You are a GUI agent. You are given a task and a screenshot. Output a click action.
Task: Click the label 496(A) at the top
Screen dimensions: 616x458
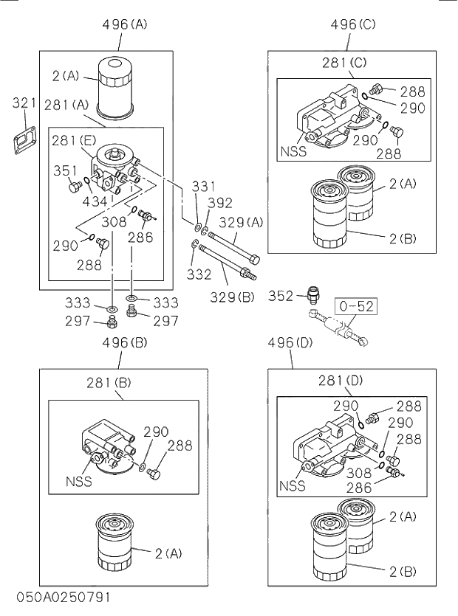coord(125,24)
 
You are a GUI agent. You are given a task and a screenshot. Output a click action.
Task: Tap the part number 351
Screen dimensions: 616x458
coord(66,171)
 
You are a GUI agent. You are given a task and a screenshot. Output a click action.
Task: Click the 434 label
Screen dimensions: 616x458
coord(94,200)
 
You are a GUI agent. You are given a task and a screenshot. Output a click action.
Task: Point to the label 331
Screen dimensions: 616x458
coord(203,186)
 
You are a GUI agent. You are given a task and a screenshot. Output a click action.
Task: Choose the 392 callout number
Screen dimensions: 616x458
coord(220,203)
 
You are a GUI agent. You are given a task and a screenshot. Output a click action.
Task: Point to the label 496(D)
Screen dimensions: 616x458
coord(290,343)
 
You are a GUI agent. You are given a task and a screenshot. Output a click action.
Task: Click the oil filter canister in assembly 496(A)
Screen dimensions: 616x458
coord(115,87)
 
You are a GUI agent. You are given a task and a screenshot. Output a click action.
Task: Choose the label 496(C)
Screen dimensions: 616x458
coord(353,24)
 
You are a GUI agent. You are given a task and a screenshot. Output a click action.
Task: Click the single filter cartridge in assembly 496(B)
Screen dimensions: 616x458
coord(115,544)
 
